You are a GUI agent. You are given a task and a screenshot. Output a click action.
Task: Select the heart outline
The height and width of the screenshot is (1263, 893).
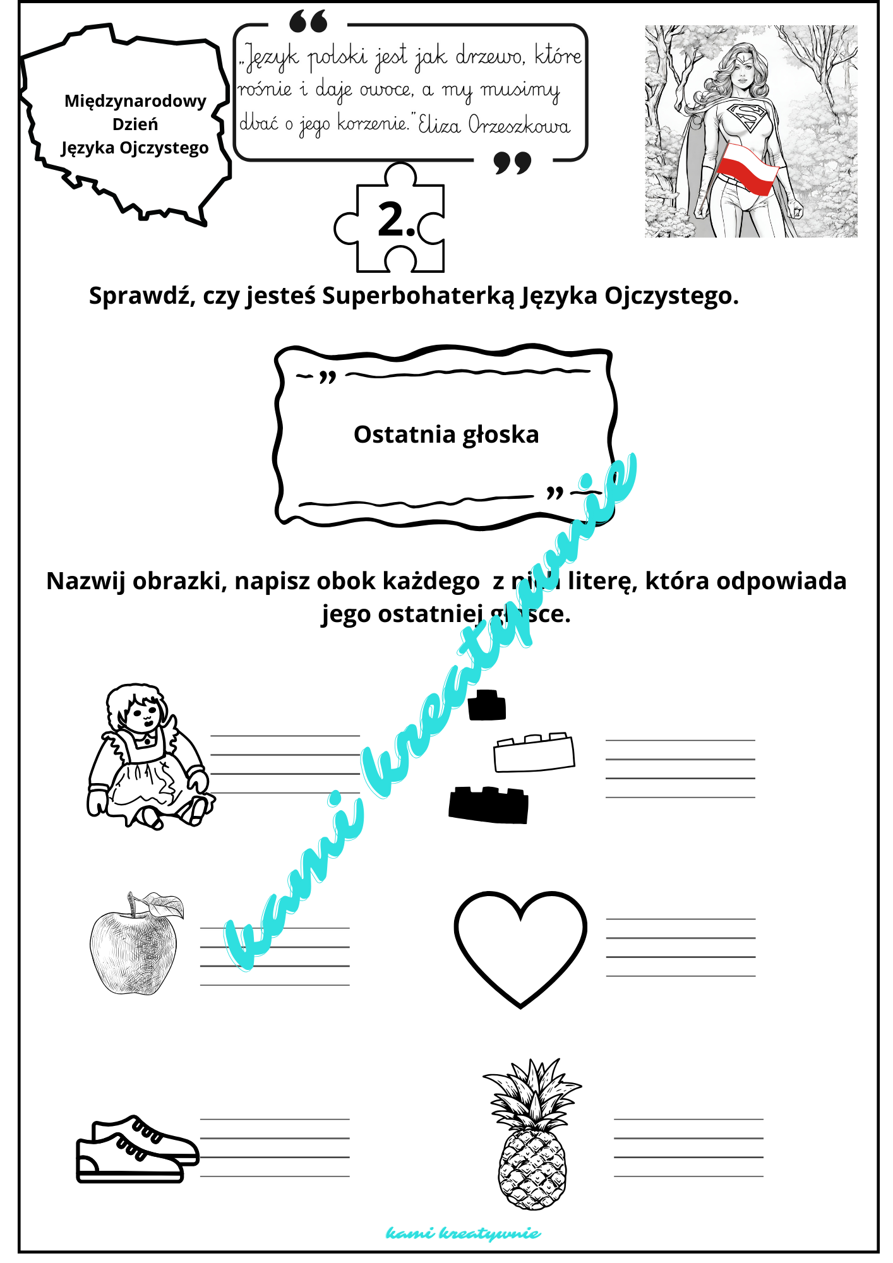click(x=520, y=948)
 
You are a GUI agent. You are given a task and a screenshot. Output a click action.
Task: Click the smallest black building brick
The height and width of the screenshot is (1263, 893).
click(x=487, y=706)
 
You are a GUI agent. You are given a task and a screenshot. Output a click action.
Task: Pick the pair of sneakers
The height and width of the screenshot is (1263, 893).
click(x=136, y=1149)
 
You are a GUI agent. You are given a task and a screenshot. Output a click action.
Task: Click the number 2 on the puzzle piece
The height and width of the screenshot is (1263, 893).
click(x=393, y=220)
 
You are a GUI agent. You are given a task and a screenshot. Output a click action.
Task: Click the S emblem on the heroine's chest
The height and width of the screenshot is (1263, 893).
click(x=748, y=117)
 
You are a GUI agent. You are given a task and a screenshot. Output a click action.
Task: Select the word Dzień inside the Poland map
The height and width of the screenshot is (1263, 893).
click(x=135, y=124)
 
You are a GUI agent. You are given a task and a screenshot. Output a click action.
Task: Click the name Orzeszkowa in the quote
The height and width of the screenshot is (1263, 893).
click(x=519, y=125)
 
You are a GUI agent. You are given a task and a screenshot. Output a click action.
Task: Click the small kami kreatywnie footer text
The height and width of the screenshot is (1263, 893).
click(x=463, y=1233)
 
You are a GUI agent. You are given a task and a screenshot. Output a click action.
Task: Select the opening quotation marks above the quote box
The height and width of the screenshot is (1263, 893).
click(x=309, y=22)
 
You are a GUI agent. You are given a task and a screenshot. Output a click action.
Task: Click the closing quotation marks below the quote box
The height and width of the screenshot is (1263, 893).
click(x=512, y=163)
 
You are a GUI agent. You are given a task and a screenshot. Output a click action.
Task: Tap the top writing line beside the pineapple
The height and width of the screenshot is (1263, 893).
click(x=688, y=1120)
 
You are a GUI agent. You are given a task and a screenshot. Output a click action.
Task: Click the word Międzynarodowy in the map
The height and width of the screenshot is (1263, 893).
click(x=135, y=101)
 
